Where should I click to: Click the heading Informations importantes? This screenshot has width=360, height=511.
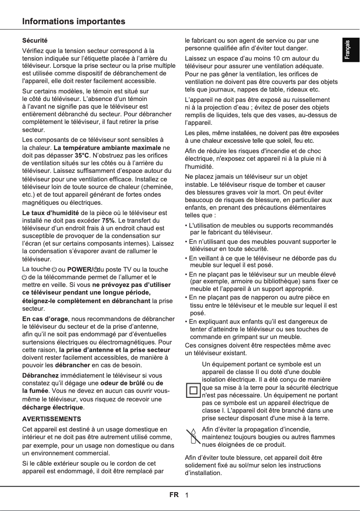pos(74,22)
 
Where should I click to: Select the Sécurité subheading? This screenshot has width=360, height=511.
pos(35,41)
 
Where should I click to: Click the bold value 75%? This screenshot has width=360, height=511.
pos(108,220)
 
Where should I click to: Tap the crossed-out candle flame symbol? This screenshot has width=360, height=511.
pos(193,436)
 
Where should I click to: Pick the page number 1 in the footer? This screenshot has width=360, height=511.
pos(186,495)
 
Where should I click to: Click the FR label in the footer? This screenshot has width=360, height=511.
pos(174,495)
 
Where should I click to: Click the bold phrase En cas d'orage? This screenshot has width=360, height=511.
pos(45,319)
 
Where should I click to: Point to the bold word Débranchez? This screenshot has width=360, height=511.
pos(40,375)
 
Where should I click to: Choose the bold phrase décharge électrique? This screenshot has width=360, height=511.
pos(53,407)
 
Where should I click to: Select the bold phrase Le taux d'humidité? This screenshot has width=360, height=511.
pos(51,212)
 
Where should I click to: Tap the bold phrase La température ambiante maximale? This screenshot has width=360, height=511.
pos(107,147)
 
